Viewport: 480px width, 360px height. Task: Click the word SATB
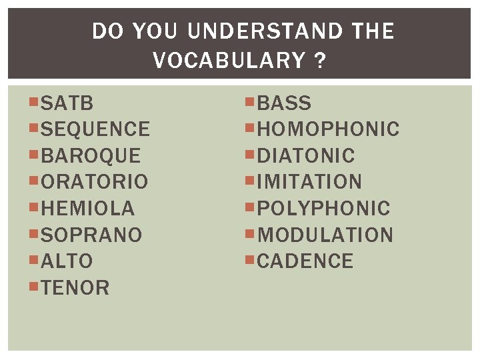pos(67,103)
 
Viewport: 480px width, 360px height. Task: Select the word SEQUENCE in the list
pos(95,129)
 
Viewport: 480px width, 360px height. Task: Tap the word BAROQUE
pos(91,156)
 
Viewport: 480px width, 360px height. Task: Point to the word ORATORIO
pos(95,182)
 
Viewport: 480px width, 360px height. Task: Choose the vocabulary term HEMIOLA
pos(88,209)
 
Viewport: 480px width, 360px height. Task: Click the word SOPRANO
pos(91,235)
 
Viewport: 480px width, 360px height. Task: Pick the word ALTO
pos(67,261)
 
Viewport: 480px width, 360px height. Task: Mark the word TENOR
pos(75,288)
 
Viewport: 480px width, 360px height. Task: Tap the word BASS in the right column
pos(284,103)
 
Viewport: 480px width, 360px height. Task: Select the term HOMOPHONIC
pos(328,129)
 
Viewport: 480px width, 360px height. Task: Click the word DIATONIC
pos(306,156)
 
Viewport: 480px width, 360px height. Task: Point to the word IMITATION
pos(309,182)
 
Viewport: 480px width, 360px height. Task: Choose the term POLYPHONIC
pos(323,209)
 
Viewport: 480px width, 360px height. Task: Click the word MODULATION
pos(325,235)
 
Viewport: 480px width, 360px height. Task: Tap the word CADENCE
pos(305,261)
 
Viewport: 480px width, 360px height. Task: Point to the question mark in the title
pos(320,61)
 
